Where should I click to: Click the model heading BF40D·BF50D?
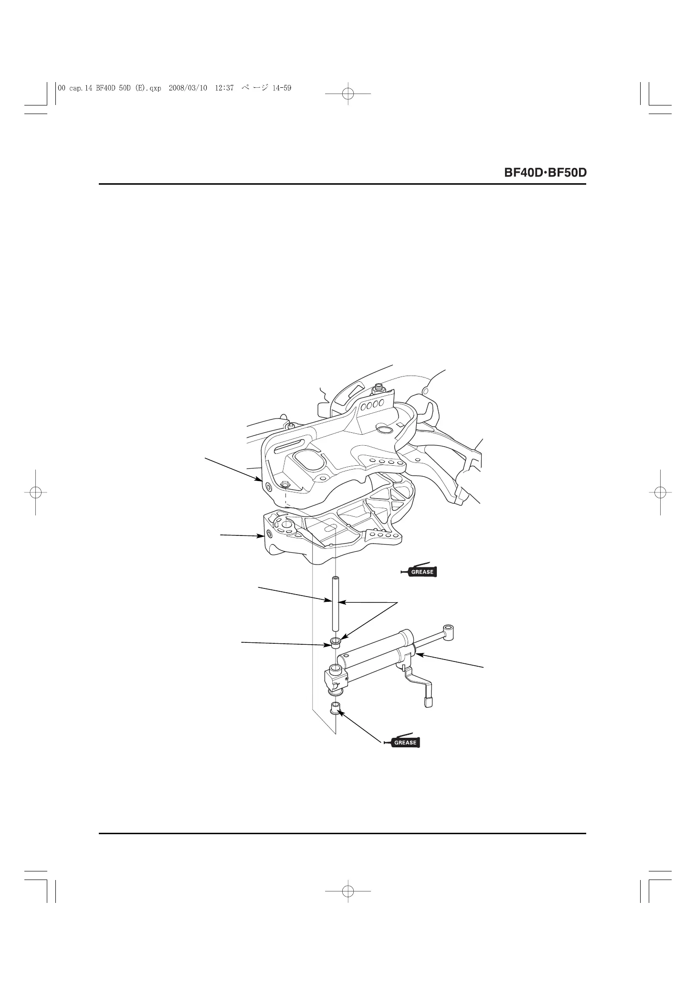click(x=544, y=172)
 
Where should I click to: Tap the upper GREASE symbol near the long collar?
click(x=419, y=571)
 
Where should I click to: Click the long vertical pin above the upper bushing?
click(x=336, y=606)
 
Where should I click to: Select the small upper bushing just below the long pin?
click(x=335, y=641)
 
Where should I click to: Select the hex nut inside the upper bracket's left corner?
click(x=285, y=484)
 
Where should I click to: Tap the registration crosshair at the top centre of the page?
click(x=348, y=94)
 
